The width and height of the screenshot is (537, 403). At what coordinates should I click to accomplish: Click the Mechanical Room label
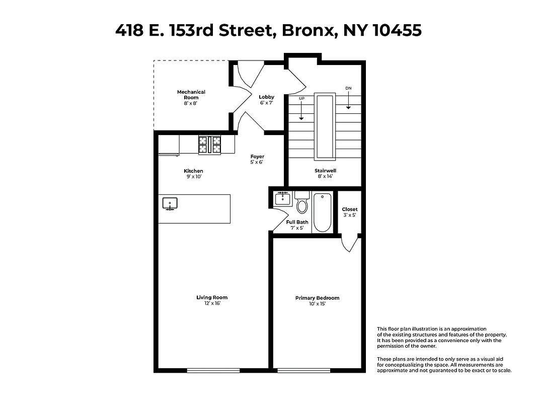click(x=191, y=95)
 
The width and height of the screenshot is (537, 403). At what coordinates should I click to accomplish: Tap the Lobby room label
click(x=266, y=100)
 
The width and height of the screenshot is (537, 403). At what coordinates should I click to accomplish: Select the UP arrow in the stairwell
click(x=301, y=108)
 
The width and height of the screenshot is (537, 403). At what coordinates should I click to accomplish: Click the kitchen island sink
click(x=170, y=204)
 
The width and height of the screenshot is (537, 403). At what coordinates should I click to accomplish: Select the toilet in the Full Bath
click(x=302, y=204)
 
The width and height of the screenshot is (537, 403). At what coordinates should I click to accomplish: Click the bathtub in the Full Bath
click(x=322, y=212)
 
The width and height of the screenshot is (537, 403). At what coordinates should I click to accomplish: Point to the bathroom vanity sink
click(x=282, y=198)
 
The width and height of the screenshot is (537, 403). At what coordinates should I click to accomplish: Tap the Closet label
click(x=349, y=212)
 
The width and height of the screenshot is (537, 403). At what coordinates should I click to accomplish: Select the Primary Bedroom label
click(x=317, y=301)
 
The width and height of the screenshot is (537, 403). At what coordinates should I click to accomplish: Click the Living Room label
click(x=212, y=300)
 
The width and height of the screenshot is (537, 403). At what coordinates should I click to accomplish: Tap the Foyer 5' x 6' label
click(x=257, y=159)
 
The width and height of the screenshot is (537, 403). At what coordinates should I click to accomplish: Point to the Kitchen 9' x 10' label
click(x=193, y=174)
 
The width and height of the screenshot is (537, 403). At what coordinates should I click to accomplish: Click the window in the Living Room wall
click(x=211, y=371)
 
